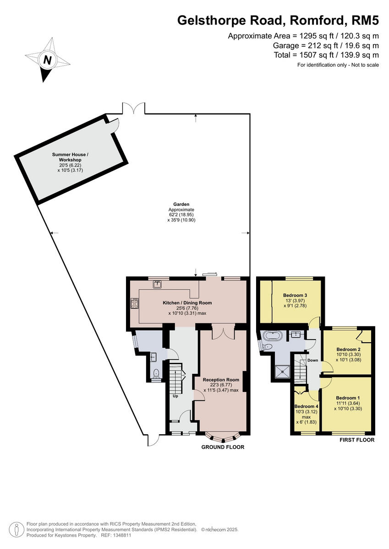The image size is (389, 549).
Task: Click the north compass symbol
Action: click(x=47, y=60)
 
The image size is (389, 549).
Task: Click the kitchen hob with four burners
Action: click(x=135, y=303)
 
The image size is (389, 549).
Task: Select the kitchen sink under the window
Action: click(x=158, y=285)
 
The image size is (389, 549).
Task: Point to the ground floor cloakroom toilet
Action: click(x=156, y=373)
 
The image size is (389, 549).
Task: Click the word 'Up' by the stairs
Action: click(x=175, y=396)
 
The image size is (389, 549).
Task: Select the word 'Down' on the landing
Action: click(x=312, y=360)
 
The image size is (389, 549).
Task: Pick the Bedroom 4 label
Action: click(x=306, y=406)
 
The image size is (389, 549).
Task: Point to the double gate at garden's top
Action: click(x=133, y=108)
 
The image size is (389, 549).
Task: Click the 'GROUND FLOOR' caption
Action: click(x=223, y=447)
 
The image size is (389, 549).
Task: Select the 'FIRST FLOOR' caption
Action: click(x=357, y=440)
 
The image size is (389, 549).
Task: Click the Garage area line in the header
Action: click(x=325, y=45)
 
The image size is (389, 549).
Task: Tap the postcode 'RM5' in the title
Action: click(x=365, y=20)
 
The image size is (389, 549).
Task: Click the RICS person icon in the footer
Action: click(x=16, y=529)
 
